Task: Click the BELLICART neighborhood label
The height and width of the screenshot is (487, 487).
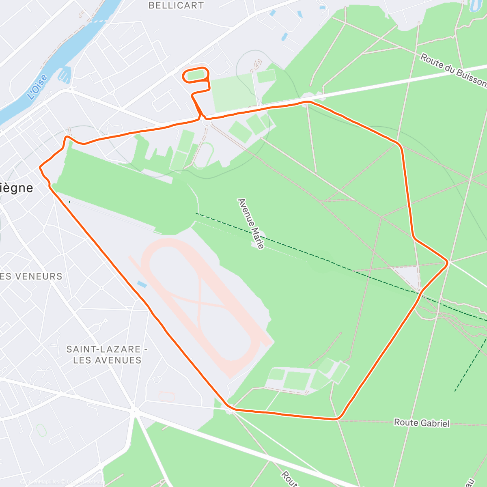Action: (x=176, y=5)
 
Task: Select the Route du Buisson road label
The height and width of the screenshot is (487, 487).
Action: (x=453, y=70)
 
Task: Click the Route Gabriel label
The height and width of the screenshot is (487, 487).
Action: (x=422, y=423)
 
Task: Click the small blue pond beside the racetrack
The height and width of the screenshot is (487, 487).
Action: (x=142, y=284)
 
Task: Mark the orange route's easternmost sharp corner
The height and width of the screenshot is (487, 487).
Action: (x=448, y=263)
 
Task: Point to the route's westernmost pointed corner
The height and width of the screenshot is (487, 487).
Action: (x=40, y=167)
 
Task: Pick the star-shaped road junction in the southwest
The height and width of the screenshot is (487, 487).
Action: (x=134, y=411)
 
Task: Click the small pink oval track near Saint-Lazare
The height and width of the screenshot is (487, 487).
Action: (x=166, y=396)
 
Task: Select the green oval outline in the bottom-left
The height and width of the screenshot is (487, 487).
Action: (x=41, y=430)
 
